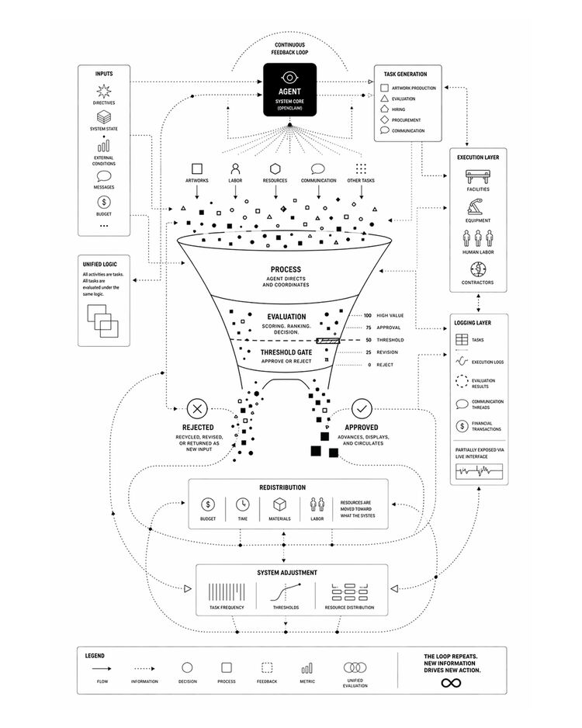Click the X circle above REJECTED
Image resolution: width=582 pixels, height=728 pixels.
[x=197, y=408]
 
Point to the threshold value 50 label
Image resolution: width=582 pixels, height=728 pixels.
[x=368, y=341]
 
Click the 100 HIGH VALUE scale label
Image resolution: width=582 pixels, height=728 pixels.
[x=383, y=316]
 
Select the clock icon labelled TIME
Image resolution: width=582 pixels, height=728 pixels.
[x=243, y=504]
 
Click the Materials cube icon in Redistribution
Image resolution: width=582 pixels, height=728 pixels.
[x=279, y=504]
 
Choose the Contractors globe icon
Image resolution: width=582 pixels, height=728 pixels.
[x=478, y=269]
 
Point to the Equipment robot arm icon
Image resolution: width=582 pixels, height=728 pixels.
[x=478, y=207]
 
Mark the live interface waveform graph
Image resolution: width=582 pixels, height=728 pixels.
[x=478, y=471]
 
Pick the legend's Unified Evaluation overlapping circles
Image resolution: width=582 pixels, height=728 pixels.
[x=355, y=667]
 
